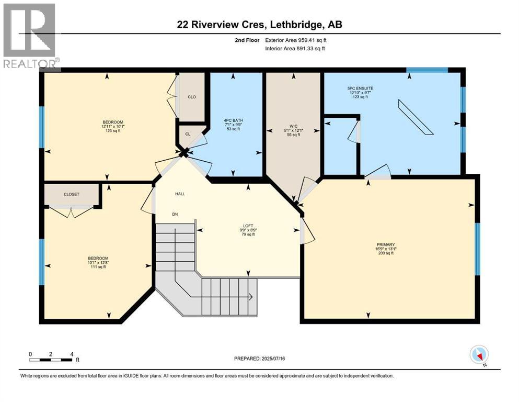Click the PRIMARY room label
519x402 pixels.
point(386,244)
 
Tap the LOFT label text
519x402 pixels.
point(248,226)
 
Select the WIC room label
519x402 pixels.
point(293,126)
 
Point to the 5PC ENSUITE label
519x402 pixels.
point(360,88)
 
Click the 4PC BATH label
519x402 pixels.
point(233,120)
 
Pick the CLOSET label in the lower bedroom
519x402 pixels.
point(72,194)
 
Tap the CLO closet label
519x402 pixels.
point(192,97)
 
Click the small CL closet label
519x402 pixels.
point(188,134)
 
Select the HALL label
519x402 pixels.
point(180,194)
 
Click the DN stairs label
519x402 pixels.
point(175,214)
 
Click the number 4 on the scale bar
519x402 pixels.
point(72,354)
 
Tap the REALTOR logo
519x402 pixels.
point(30,36)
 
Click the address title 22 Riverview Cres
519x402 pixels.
point(222,25)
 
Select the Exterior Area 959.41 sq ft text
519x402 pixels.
point(296,40)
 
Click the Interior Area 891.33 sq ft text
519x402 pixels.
point(295,48)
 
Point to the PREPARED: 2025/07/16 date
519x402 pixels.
point(259,359)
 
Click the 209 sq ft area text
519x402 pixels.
point(386,253)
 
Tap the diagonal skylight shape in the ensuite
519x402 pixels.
point(416,117)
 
